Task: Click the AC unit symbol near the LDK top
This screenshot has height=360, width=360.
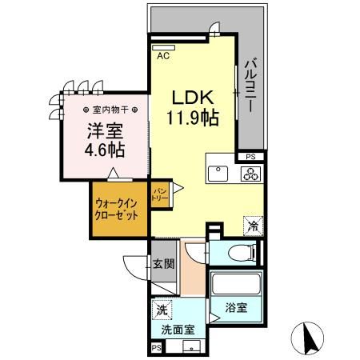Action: tap(163, 48)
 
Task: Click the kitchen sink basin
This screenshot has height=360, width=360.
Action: tap(216, 173)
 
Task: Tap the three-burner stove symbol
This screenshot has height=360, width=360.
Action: tap(250, 174)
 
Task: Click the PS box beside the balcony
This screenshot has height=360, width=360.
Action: tap(250, 157)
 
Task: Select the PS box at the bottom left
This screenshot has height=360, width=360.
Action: tap(156, 348)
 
